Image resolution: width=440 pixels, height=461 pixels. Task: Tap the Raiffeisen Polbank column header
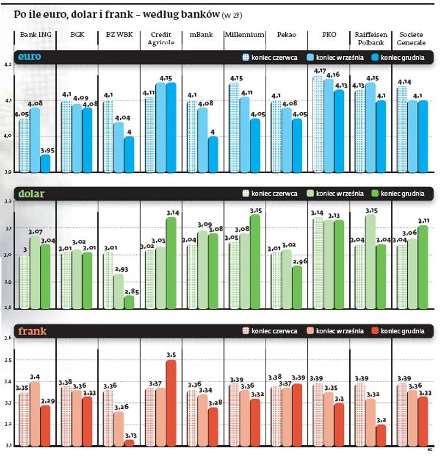tap(371, 38)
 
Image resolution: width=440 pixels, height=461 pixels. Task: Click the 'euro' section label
tap(30, 56)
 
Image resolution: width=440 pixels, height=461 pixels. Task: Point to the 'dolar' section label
tap(31, 193)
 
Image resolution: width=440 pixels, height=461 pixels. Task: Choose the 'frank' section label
tap(32, 331)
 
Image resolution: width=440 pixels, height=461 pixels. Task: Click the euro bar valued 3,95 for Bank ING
tap(45, 163)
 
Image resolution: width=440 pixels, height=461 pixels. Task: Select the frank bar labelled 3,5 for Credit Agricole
tap(171, 402)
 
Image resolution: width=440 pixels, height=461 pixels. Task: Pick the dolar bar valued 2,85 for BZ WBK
tap(129, 302)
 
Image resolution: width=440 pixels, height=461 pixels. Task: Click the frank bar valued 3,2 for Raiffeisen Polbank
tap(380, 435)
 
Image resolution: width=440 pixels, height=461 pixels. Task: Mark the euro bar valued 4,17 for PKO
tap(318, 124)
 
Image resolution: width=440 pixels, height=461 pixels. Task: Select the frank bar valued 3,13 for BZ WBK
tap(129, 442)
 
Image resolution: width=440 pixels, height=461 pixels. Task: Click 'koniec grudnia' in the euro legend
tap(402, 57)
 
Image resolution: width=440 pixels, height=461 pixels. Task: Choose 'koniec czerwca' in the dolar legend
tap(274, 194)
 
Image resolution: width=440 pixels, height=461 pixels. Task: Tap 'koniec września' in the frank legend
tap(339, 331)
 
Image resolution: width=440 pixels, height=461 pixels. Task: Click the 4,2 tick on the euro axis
tap(8, 65)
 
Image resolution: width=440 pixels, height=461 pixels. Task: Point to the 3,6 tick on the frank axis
tap(8, 338)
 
